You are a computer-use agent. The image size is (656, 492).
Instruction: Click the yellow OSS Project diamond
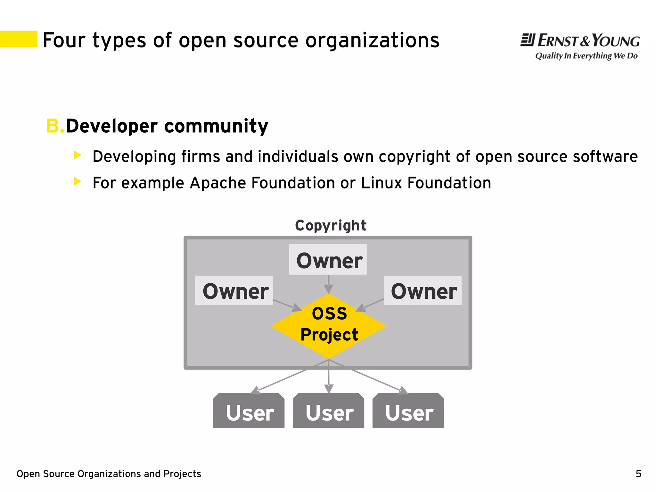point(329,326)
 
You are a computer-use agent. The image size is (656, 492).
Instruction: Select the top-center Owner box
point(328,260)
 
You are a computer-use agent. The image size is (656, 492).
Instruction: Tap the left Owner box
point(234,291)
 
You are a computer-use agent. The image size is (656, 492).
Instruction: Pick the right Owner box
point(423,291)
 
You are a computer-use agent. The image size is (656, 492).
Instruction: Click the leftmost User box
point(249,411)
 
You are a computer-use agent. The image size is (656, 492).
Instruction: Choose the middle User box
point(329,411)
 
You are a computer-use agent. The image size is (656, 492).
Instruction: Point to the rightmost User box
point(408,411)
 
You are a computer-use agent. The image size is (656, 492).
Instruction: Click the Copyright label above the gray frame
point(331,226)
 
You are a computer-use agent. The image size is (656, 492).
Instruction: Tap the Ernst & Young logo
point(580,41)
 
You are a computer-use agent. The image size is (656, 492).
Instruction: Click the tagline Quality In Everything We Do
point(586,56)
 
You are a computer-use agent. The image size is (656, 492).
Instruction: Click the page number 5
point(638,474)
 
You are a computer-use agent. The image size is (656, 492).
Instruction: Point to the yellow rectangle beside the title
point(19,39)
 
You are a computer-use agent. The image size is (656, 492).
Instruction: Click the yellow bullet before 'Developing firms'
point(78,155)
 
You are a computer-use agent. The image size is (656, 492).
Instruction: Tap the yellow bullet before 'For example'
point(78,182)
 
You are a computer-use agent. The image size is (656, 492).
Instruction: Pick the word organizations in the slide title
point(372,41)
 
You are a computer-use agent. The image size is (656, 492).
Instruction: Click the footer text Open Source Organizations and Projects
point(109,474)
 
